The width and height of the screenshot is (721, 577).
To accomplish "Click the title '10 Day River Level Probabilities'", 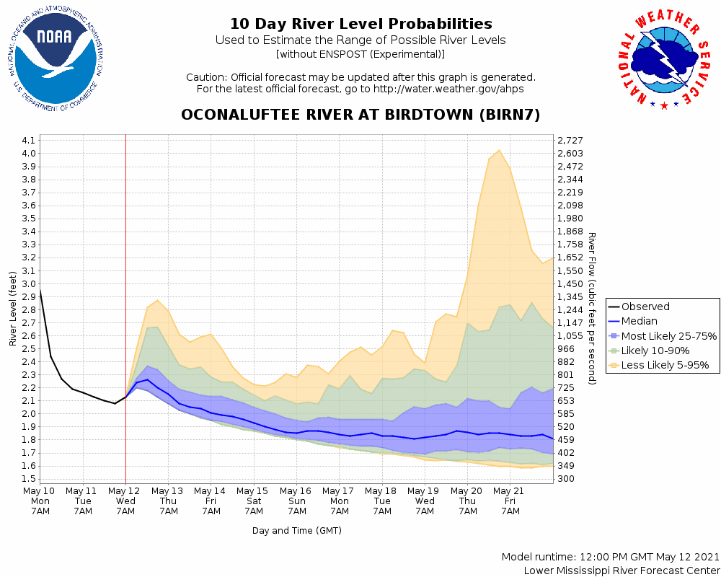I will [x=360, y=25].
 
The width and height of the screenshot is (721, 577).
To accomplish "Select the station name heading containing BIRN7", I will [x=360, y=115].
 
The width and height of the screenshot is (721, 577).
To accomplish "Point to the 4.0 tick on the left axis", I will [x=29, y=154].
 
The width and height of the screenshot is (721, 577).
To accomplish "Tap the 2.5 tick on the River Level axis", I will [x=29, y=349].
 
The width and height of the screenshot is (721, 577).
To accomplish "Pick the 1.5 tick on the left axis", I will [x=29, y=479].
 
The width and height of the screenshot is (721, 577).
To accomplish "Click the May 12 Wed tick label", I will [x=125, y=501].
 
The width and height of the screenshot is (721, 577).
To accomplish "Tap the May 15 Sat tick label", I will [x=254, y=501].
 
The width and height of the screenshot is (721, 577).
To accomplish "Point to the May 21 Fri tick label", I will [x=510, y=501].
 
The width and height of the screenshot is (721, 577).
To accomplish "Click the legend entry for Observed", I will [x=645, y=307].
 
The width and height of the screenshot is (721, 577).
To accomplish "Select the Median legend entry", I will [x=640, y=321].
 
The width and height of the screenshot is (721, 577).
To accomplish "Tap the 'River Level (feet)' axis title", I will [x=13, y=309].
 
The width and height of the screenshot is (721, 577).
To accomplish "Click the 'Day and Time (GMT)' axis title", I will [x=297, y=531].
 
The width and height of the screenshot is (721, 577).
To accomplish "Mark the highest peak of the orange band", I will [x=499, y=150].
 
